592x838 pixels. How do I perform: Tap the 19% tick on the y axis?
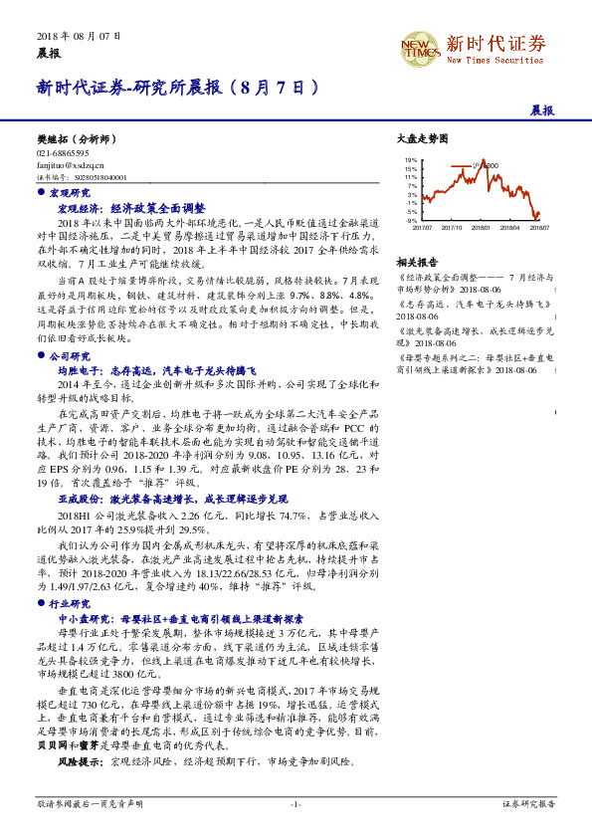click(410, 159)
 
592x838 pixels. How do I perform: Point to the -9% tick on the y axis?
click(410, 221)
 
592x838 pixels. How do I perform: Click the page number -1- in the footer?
click(296, 802)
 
